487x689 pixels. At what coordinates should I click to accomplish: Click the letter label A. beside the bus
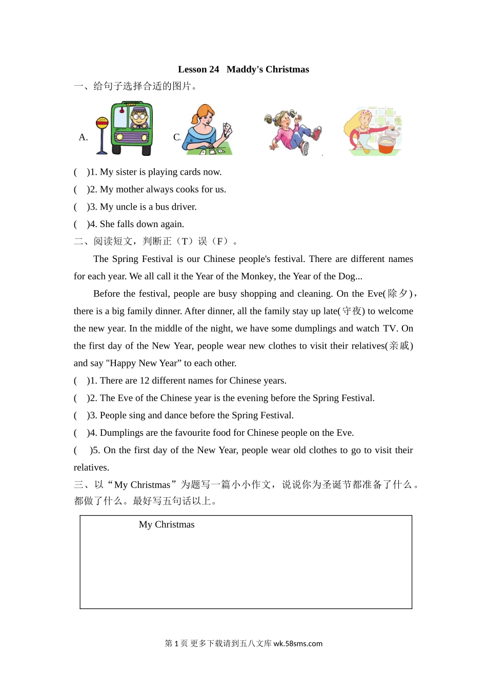tap(84, 137)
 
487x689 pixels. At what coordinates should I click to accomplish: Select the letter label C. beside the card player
tap(177, 137)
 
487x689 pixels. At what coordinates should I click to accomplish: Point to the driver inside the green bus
tap(138, 118)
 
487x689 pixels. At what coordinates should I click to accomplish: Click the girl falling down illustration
tap(293, 131)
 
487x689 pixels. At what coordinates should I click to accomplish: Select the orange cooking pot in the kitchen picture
tap(390, 141)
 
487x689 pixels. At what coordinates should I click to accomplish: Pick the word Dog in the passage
tap(347, 276)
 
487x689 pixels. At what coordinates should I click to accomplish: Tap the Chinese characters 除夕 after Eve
tap(398, 294)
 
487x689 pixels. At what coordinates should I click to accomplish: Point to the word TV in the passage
tap(390, 329)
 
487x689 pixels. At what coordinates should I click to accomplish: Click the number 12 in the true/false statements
tap(145, 380)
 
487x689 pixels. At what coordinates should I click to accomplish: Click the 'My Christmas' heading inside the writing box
tap(167, 524)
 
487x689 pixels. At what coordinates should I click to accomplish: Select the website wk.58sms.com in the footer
tap(298, 643)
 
